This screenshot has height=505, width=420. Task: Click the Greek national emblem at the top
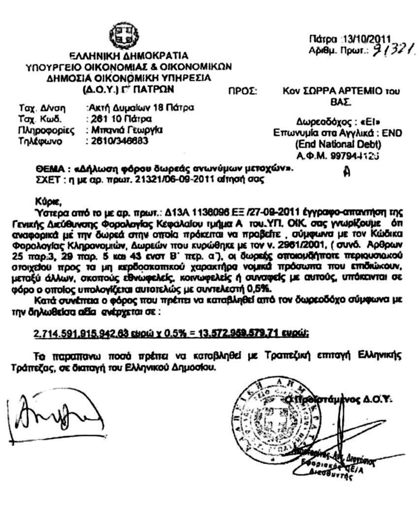pos(120,35)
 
